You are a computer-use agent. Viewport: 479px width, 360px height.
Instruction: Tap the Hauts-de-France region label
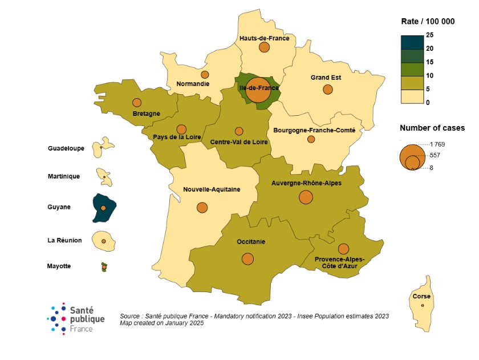coord(264,38)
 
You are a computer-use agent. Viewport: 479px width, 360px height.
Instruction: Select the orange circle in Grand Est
coord(327,90)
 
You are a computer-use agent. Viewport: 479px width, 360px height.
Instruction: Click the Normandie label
coord(193,84)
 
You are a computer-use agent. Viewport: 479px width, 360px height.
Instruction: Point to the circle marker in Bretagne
coord(137,103)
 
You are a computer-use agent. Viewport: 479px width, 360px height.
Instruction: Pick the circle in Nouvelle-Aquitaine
coord(202,207)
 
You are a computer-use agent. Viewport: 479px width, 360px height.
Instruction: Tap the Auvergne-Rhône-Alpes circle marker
coord(306,197)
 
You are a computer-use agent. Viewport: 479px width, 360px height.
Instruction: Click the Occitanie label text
coord(251,242)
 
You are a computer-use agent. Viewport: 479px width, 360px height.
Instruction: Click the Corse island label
coord(422,297)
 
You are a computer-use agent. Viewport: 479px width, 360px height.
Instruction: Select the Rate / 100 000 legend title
coord(427,22)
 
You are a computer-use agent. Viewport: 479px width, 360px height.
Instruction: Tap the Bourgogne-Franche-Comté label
coord(314,130)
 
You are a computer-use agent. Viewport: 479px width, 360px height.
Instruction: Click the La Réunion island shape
coord(104,240)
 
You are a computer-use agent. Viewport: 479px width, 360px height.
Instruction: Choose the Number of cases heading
coord(432,128)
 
